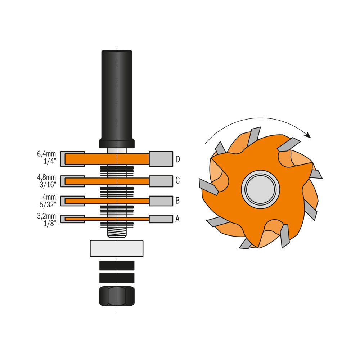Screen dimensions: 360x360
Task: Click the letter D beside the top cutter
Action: click(x=177, y=159)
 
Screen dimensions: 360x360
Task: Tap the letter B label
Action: click(x=177, y=201)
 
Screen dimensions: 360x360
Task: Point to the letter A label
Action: click(x=177, y=219)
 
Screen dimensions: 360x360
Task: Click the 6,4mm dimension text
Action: click(x=46, y=154)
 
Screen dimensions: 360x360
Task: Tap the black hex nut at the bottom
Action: click(x=117, y=296)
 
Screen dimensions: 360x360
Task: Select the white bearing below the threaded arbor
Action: click(x=117, y=248)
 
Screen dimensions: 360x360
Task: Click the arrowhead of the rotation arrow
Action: click(x=308, y=135)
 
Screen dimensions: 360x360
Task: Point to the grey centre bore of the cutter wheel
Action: click(x=260, y=189)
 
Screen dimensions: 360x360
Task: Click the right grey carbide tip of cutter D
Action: click(x=161, y=158)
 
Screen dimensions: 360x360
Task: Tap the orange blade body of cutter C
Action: click(x=108, y=181)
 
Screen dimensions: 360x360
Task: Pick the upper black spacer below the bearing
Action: click(x=117, y=266)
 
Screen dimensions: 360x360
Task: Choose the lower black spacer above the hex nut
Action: click(x=117, y=278)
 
